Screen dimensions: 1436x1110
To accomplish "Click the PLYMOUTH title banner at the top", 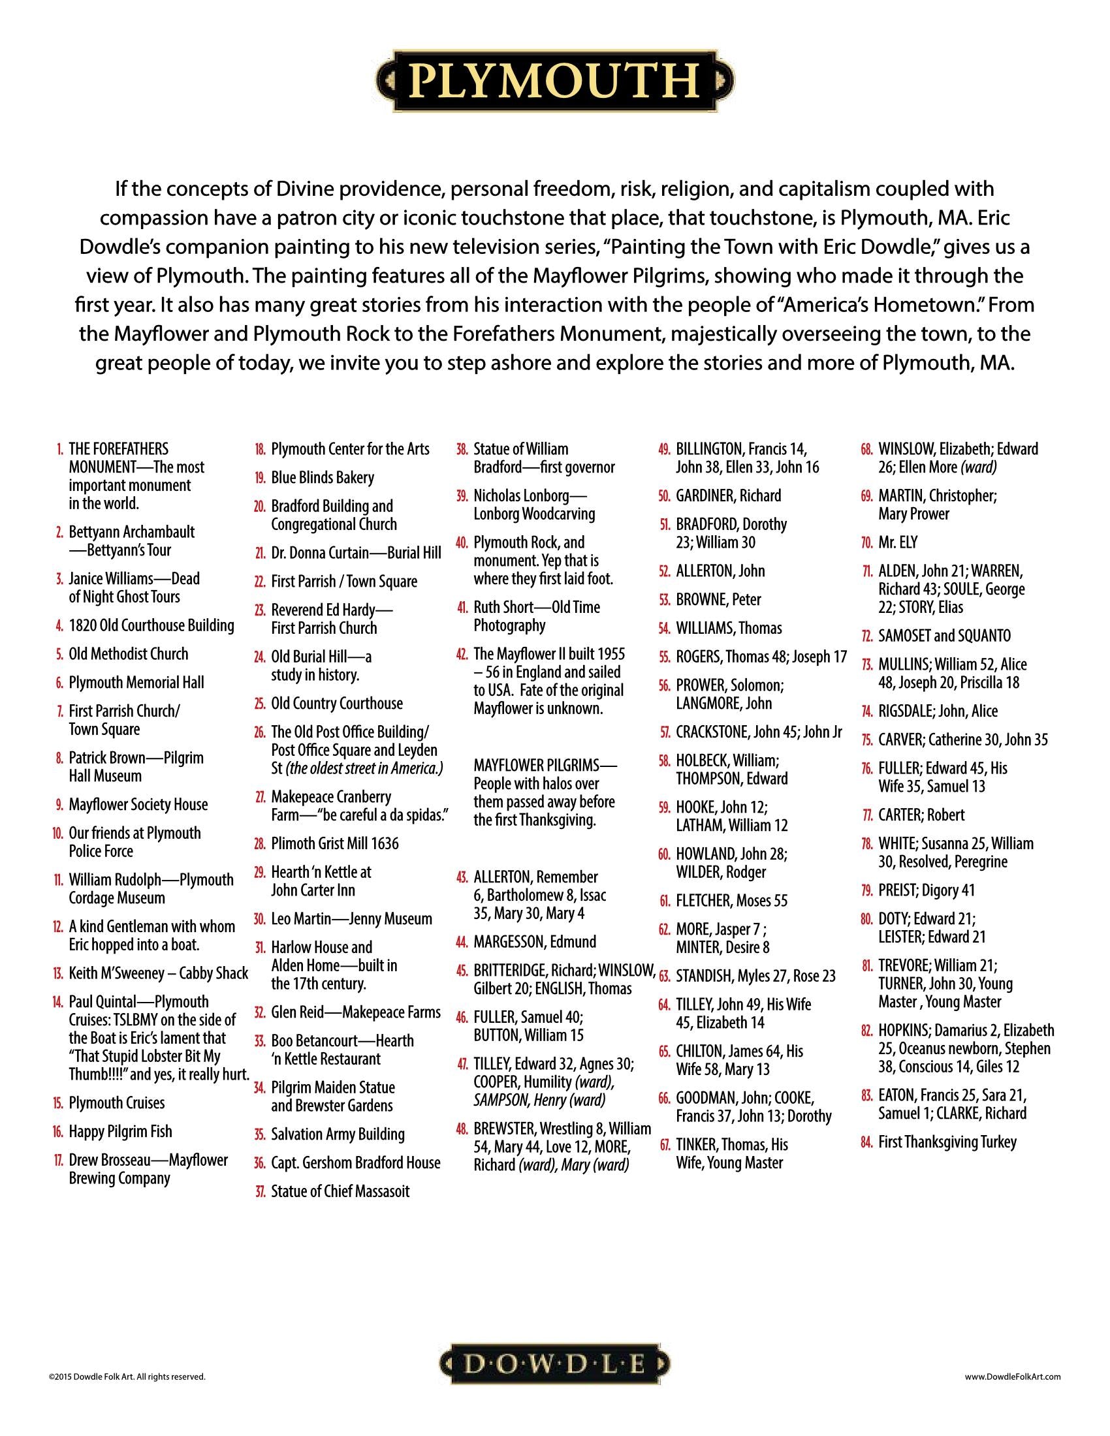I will coord(555,82).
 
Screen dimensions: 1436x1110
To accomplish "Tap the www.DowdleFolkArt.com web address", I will coord(1013,1376).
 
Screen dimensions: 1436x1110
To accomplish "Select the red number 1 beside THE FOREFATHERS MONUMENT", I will coord(60,450).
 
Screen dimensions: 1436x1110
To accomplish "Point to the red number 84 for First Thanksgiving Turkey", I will coord(866,1142).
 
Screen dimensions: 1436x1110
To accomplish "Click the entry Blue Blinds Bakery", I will coord(322,478).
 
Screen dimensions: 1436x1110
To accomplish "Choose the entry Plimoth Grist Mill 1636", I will coord(335,843).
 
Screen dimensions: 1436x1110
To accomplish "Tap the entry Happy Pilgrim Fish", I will coord(120,1132).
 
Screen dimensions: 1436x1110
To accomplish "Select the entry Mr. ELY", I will coord(898,542).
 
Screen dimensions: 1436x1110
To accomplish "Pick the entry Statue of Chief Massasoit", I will coord(340,1191).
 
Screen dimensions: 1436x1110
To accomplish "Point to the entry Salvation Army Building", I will coord(338,1134).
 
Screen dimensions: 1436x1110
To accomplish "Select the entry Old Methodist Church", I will coord(128,654).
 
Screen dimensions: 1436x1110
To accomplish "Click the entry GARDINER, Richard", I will coord(728,496).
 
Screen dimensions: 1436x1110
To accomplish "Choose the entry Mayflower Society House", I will coord(138,805).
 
